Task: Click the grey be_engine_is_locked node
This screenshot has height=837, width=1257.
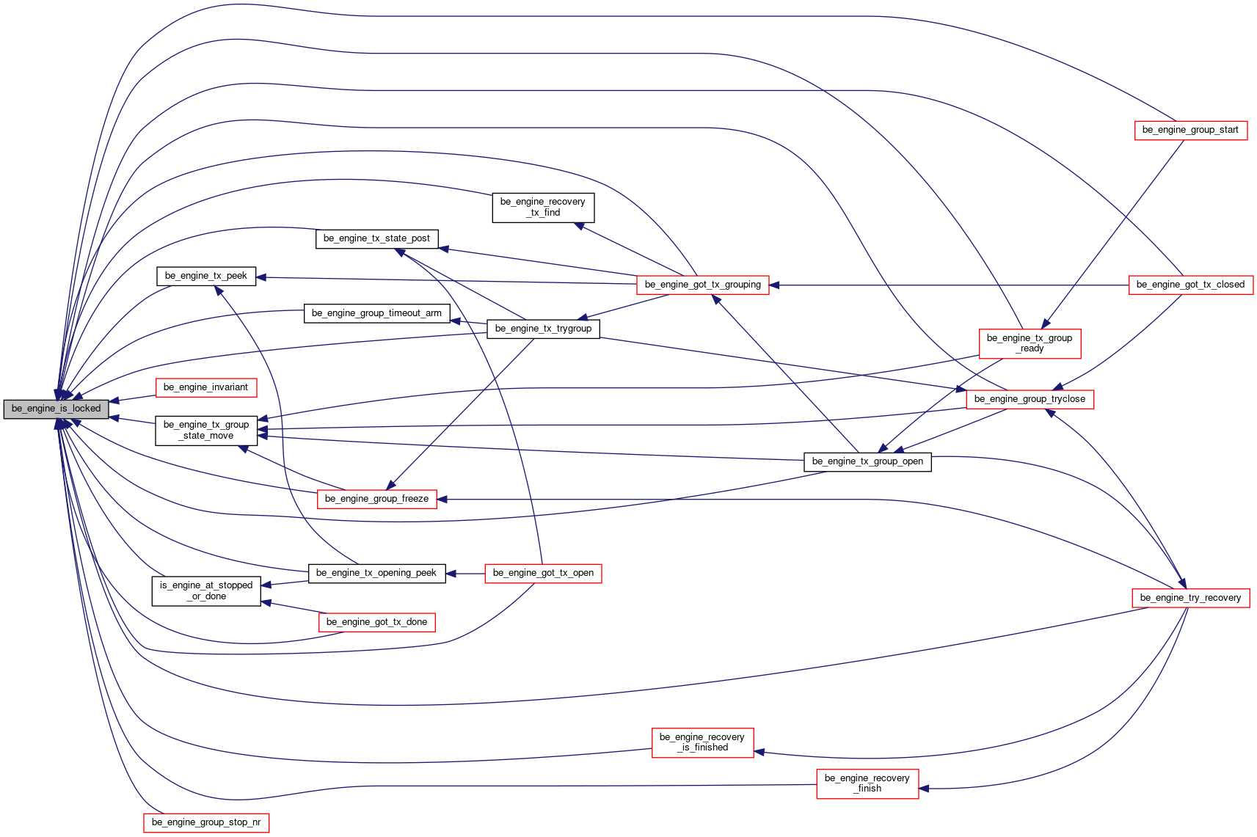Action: pyautogui.click(x=56, y=409)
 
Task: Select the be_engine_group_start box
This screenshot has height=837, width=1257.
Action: pyautogui.click(x=1190, y=130)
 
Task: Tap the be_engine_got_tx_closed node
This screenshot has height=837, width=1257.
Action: pyautogui.click(x=1191, y=285)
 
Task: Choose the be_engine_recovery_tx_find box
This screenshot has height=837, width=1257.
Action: pyautogui.click(x=543, y=208)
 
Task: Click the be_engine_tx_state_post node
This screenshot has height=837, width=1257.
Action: pyautogui.click(x=376, y=239)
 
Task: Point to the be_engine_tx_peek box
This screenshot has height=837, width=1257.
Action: pyautogui.click(x=206, y=276)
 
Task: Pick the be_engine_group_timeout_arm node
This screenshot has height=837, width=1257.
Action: pyautogui.click(x=376, y=313)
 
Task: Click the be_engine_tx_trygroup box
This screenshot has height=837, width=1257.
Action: pyautogui.click(x=543, y=329)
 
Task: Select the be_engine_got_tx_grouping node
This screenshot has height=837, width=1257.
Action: pyautogui.click(x=702, y=285)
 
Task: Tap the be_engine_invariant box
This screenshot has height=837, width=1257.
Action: pyautogui.click(x=206, y=387)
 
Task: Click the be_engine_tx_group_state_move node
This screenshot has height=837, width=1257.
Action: pyautogui.click(x=206, y=431)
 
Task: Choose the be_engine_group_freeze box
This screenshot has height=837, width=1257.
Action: pyautogui.click(x=376, y=500)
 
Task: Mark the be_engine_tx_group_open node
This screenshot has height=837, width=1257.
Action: pyautogui.click(x=867, y=461)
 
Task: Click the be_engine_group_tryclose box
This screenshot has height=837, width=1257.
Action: pyautogui.click(x=1030, y=399)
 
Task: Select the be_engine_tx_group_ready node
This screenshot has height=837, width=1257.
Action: pyautogui.click(x=1030, y=343)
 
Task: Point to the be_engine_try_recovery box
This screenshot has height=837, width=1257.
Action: pyautogui.click(x=1191, y=598)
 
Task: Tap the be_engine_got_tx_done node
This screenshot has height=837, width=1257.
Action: pyautogui.click(x=376, y=622)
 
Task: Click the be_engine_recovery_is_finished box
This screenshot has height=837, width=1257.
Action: pyautogui.click(x=702, y=743)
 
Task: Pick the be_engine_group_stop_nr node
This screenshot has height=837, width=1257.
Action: pyautogui.click(x=206, y=823)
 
